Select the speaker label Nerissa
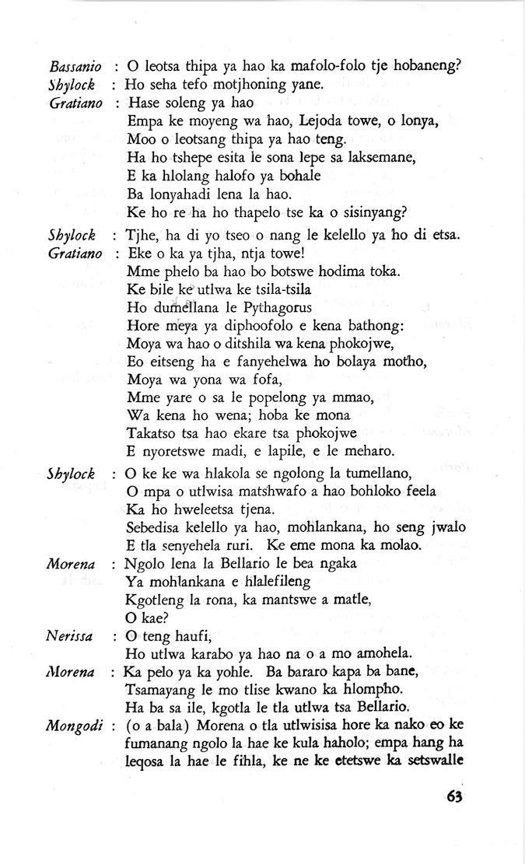pyautogui.click(x=69, y=636)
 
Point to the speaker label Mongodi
pyautogui.click(x=74, y=727)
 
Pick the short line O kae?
pyautogui.click(x=143, y=618)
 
